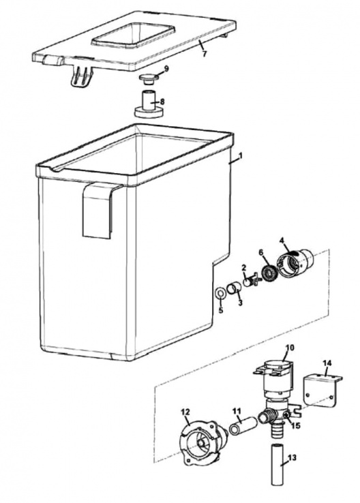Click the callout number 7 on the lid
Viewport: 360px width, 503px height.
(203, 53)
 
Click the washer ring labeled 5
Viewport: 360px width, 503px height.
(221, 293)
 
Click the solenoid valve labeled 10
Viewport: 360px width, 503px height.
(277, 378)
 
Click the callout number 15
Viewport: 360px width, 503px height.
(296, 426)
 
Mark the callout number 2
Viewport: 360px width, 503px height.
(243, 267)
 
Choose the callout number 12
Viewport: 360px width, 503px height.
(185, 412)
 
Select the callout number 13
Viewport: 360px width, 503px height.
(292, 459)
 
